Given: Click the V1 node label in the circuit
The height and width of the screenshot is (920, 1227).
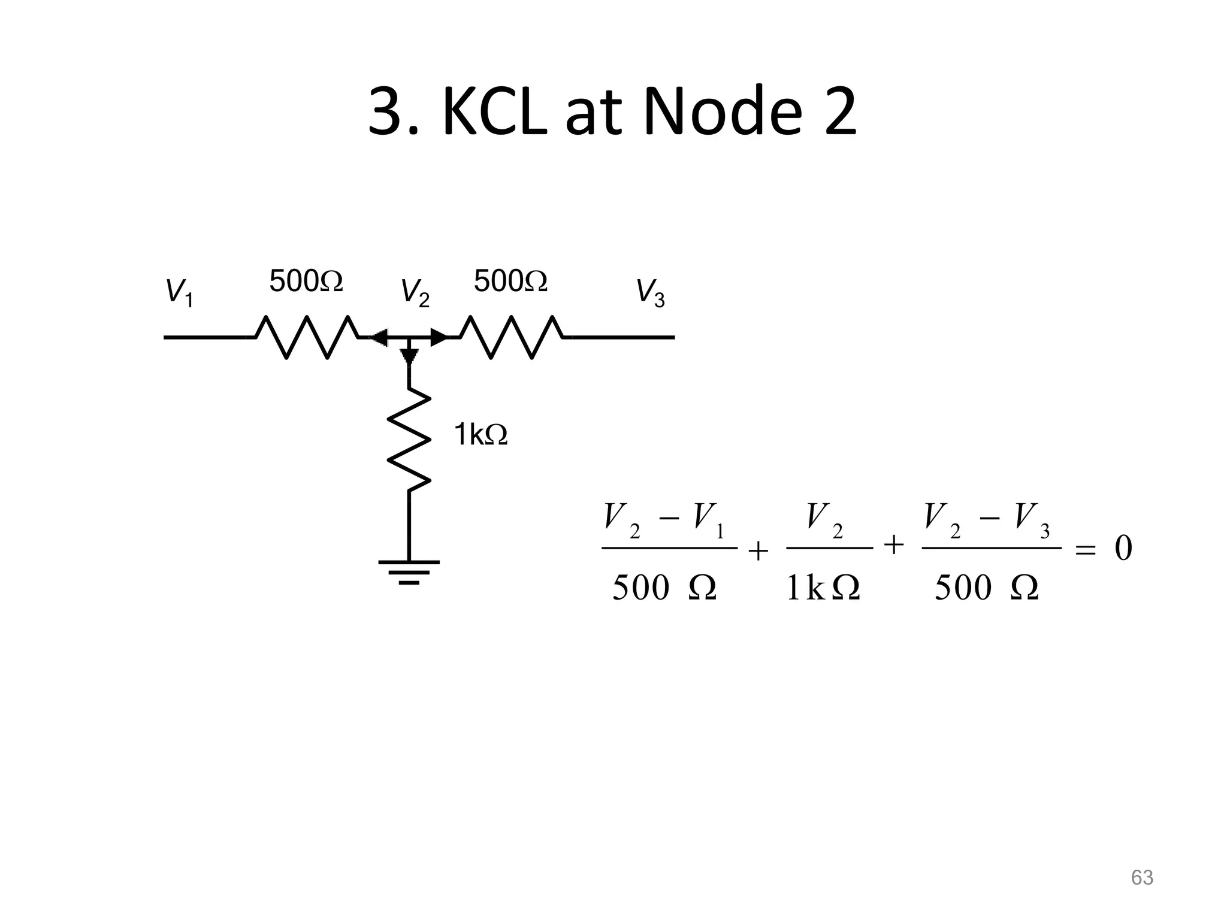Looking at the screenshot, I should click(x=179, y=292).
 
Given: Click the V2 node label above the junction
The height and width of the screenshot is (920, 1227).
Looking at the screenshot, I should click(x=415, y=292).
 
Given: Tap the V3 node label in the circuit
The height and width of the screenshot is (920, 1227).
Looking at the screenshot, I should click(x=650, y=292).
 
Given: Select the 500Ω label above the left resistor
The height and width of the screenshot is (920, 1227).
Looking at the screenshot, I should click(x=306, y=281).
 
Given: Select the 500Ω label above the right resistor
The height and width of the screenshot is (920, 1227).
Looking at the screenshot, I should click(x=510, y=281).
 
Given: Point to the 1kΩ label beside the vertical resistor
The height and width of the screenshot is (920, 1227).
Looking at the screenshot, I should click(x=480, y=434).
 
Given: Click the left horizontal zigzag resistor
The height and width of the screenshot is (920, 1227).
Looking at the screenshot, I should click(x=307, y=337).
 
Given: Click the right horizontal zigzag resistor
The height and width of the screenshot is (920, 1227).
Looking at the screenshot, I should click(x=512, y=337).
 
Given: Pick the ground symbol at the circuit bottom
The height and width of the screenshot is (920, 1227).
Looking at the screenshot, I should click(x=409, y=571).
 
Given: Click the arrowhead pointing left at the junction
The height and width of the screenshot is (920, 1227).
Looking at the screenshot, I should click(x=379, y=338).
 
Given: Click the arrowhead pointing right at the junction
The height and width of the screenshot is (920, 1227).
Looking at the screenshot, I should click(x=439, y=338).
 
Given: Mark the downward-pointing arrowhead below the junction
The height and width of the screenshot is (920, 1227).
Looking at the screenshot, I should click(x=409, y=356).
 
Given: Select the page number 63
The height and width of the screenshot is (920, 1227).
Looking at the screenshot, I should click(x=1142, y=877).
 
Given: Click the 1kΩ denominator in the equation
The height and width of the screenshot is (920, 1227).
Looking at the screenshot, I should click(x=823, y=588).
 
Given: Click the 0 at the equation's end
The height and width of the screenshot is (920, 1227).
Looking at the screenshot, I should click(x=1123, y=548).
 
